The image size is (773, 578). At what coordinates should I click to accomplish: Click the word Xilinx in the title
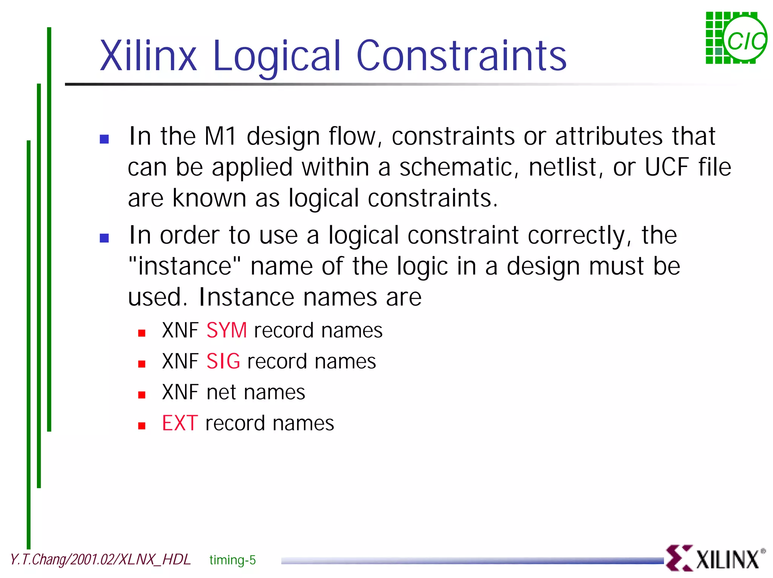(148, 56)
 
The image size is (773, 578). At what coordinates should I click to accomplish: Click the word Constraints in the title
(461, 56)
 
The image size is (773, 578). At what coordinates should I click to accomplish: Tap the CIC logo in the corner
(736, 38)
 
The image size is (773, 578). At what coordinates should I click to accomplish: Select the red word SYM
(226, 330)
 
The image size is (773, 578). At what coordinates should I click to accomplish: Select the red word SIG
(223, 361)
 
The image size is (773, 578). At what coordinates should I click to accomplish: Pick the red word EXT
(180, 423)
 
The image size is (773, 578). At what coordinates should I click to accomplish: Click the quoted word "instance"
(185, 266)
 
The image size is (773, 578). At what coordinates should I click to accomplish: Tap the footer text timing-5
(233, 560)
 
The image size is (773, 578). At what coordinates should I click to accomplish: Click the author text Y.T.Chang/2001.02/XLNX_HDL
(100, 559)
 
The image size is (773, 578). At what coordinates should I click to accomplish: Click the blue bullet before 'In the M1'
(104, 139)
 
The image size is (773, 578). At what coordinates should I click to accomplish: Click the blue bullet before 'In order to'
(104, 238)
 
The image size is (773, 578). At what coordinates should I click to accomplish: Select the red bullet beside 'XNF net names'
(142, 395)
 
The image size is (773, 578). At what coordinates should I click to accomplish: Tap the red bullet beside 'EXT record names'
(142, 426)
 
